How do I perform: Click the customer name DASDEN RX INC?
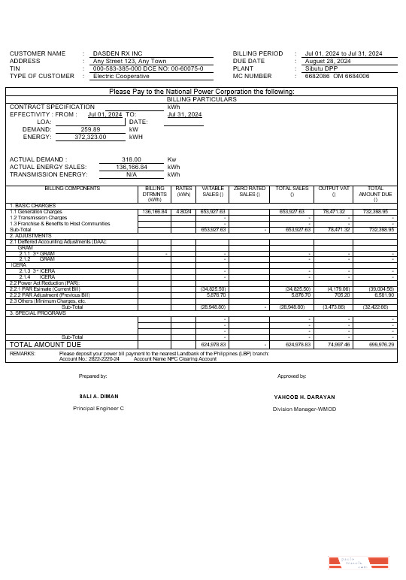117,54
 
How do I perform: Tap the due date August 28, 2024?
329,62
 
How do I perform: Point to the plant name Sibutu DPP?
323,69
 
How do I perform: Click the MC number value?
338,77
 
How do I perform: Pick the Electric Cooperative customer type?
121,77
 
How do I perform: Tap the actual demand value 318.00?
132,159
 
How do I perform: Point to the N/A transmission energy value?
131,174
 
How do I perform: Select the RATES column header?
183,189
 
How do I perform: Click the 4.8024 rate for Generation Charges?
183,212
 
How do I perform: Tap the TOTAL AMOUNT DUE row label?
44,343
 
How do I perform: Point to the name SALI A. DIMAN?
98,397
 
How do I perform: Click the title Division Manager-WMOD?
304,409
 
